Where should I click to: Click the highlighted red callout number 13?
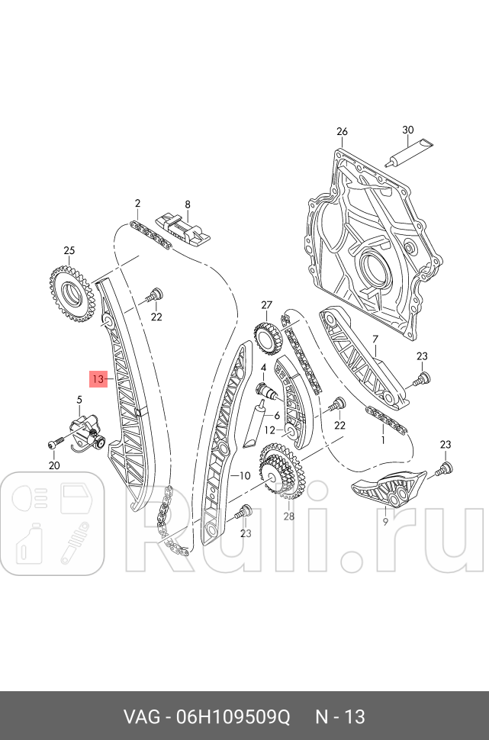pyautogui.click(x=98, y=378)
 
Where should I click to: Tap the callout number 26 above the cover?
pyautogui.click(x=342, y=131)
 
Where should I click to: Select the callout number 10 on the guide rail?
pyautogui.click(x=244, y=475)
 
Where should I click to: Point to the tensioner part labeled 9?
pyautogui.click(x=386, y=490)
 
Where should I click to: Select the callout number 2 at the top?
pyautogui.click(x=137, y=203)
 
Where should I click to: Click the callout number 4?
pyautogui.click(x=262, y=368)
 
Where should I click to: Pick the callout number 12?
pyautogui.click(x=269, y=430)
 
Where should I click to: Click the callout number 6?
pyautogui.click(x=277, y=415)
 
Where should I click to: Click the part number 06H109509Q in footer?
pyautogui.click(x=234, y=717)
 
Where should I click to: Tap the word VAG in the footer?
pyautogui.click(x=141, y=717)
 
